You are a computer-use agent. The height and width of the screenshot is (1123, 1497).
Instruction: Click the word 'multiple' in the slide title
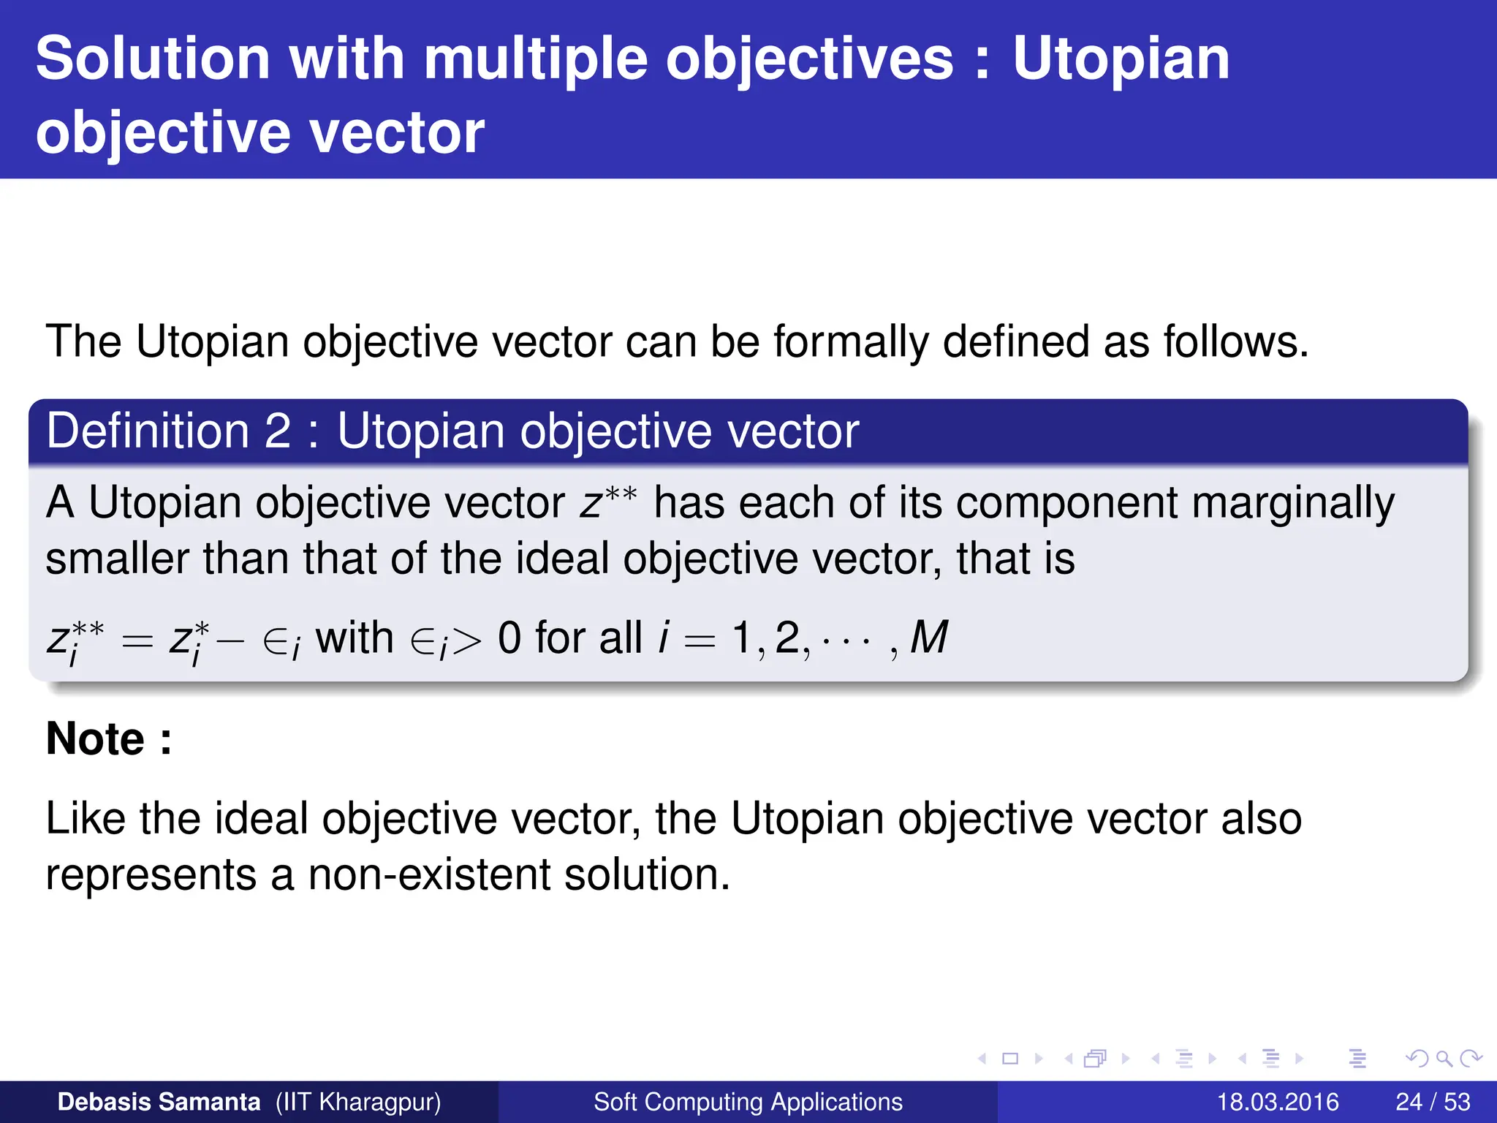(x=535, y=60)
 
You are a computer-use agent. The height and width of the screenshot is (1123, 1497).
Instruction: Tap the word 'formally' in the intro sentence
(x=851, y=341)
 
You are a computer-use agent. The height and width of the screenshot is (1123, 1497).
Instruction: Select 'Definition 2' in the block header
(x=169, y=431)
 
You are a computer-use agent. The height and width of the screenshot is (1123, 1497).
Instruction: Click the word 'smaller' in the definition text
(x=117, y=559)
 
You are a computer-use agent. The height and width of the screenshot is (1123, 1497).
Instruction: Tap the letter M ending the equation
(x=928, y=638)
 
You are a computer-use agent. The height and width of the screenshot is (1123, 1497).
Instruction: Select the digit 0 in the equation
(x=509, y=638)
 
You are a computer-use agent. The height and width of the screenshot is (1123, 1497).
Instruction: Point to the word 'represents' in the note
(x=151, y=876)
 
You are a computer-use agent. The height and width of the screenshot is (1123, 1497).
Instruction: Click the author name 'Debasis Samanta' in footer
(x=159, y=1102)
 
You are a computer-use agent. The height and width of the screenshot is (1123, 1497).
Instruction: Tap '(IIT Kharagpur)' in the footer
(x=358, y=1102)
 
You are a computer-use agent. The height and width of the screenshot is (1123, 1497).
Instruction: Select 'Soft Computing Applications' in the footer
(x=748, y=1102)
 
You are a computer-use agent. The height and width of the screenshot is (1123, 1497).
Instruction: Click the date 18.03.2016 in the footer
(x=1277, y=1102)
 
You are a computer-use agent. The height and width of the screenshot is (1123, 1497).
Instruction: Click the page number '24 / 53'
(x=1433, y=1102)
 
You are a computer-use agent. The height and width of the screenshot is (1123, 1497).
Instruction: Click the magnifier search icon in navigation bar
(x=1444, y=1059)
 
